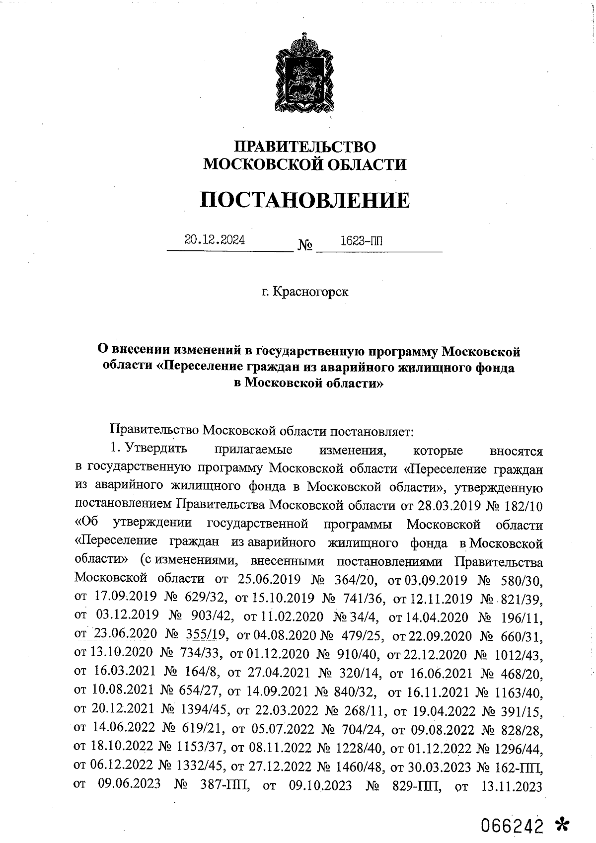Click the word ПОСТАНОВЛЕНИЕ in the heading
click(x=305, y=200)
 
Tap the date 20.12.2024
click(x=215, y=240)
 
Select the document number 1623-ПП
click(x=362, y=241)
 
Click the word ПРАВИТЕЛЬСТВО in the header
click(x=305, y=147)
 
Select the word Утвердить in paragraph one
click(x=156, y=449)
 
